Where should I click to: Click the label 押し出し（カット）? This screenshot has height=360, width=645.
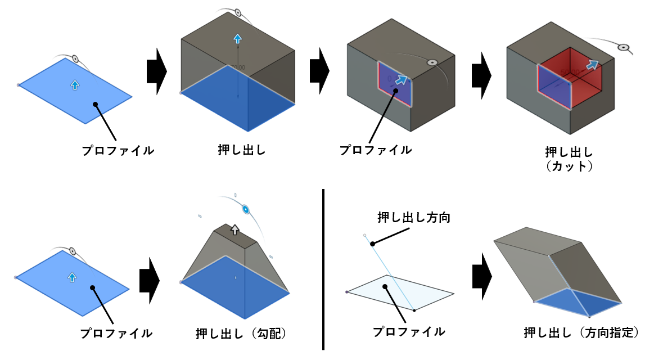(569, 159)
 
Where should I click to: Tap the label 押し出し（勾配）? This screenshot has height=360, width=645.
(241, 333)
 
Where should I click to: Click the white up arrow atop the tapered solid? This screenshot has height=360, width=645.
(235, 229)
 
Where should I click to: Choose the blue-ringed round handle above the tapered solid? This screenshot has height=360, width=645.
(246, 209)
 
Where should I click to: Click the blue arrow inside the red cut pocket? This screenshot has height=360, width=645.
(592, 65)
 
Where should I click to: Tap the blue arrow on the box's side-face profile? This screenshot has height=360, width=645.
(400, 80)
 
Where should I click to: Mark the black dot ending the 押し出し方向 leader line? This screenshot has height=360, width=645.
(372, 244)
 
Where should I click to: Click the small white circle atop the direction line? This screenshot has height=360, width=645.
(365, 235)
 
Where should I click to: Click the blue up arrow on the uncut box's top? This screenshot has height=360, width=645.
(237, 39)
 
